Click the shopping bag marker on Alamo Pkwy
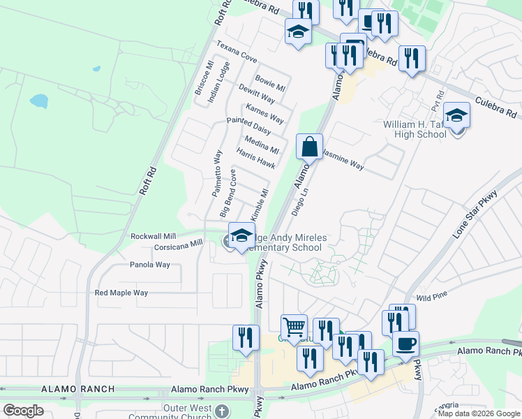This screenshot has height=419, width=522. click(x=309, y=147)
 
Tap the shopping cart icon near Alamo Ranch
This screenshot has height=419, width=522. click(x=294, y=327)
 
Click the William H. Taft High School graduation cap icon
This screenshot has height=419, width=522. click(x=456, y=115)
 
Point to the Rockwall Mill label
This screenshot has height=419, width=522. click(x=153, y=236)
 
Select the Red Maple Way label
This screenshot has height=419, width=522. click(x=121, y=293)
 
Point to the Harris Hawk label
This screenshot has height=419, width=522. click(x=255, y=159)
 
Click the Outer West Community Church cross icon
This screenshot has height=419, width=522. click(x=222, y=411)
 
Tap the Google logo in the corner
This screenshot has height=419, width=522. click(x=23, y=410)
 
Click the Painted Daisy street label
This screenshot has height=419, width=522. click(x=248, y=126)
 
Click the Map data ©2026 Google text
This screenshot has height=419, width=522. click(x=478, y=413)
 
